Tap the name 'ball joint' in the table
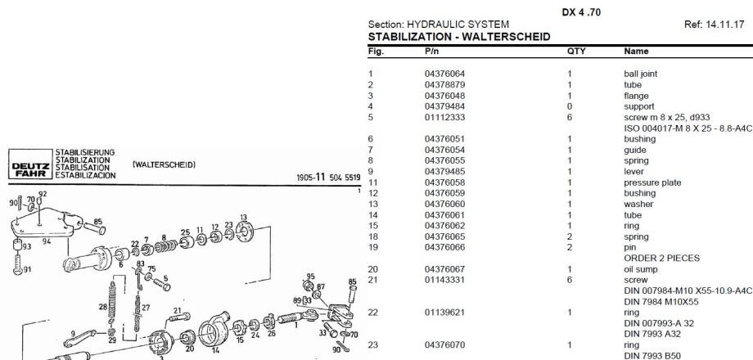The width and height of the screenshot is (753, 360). click(x=640, y=74)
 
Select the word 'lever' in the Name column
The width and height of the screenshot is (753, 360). click(x=634, y=173)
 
